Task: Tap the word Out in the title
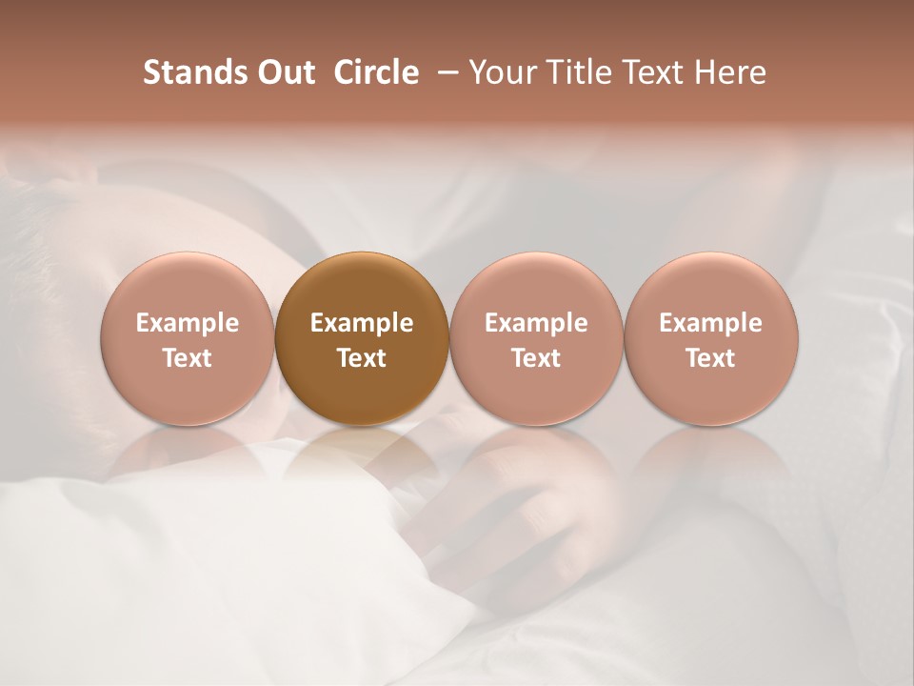(285, 72)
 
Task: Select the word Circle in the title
(375, 72)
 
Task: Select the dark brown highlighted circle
(362, 339)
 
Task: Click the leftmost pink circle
(188, 339)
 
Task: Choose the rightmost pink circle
(711, 339)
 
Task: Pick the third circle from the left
(536, 339)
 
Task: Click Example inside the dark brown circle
(362, 323)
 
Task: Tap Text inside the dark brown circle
(362, 358)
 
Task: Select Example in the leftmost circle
(188, 323)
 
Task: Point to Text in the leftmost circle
(188, 358)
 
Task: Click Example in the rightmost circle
(711, 323)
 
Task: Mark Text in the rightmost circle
(711, 358)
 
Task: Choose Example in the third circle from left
(536, 323)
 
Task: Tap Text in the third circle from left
(536, 358)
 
